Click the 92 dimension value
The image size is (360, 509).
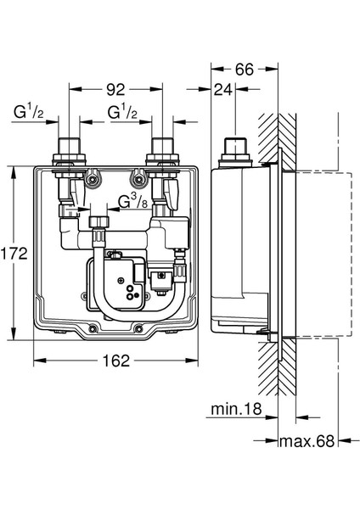click(x=115, y=89)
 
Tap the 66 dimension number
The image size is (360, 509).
click(x=244, y=70)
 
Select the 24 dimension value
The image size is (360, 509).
click(x=223, y=89)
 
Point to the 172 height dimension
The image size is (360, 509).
click(x=14, y=253)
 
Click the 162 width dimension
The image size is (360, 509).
click(x=116, y=361)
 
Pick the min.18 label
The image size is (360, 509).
click(x=236, y=409)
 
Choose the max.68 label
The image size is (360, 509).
click(x=307, y=441)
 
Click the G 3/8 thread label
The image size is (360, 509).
click(x=133, y=202)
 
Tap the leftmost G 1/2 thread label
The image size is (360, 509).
click(x=28, y=112)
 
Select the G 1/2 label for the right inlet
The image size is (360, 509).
click(x=122, y=112)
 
